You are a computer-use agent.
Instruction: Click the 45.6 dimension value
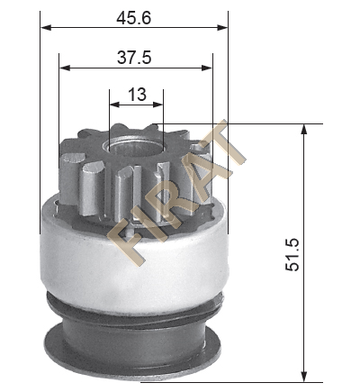[x=134, y=18]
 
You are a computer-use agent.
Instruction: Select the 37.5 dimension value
[x=134, y=58]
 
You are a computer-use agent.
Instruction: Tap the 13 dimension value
[x=137, y=95]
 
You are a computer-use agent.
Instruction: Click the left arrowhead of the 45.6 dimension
[x=47, y=28]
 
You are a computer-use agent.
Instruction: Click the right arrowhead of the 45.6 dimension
[x=222, y=28]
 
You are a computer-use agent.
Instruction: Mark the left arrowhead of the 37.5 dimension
[x=65, y=68]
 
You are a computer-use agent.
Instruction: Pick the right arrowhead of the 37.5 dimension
[x=207, y=68]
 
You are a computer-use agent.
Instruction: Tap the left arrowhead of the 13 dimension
[x=115, y=105]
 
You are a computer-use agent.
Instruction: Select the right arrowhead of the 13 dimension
[x=157, y=105]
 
